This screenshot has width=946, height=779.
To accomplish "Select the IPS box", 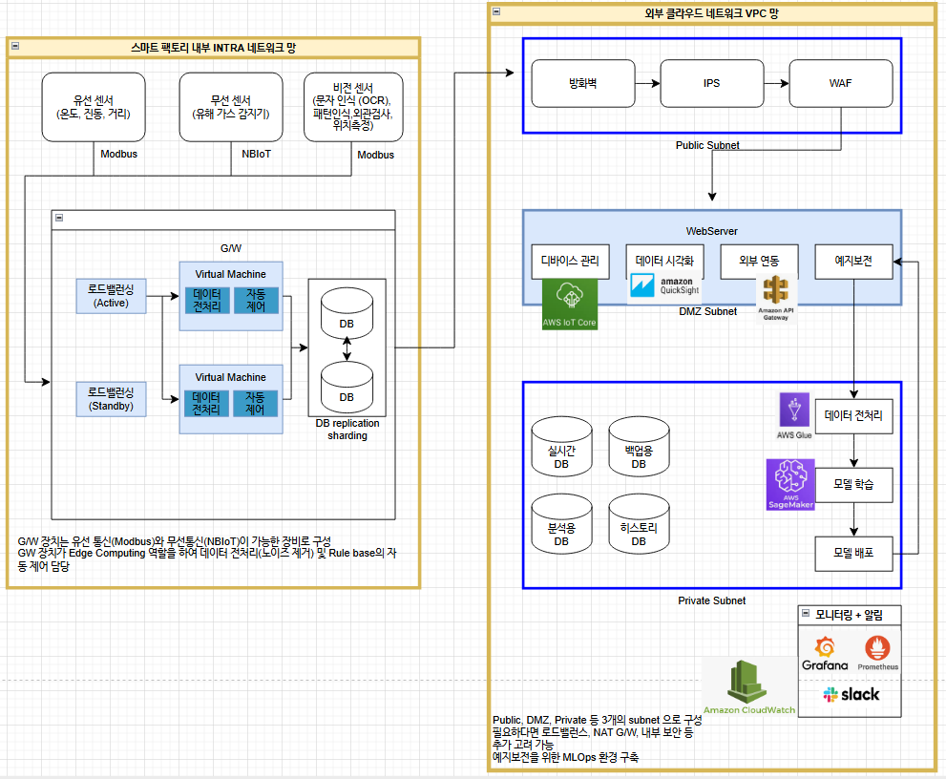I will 711,83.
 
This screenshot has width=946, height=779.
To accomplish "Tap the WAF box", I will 840,83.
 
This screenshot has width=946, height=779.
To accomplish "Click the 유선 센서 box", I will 94,107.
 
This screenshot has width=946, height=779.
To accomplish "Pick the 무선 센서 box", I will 230,107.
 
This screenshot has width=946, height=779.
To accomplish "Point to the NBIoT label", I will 256,154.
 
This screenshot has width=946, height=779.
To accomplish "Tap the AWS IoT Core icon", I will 569,304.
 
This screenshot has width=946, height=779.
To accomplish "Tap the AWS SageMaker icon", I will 790,484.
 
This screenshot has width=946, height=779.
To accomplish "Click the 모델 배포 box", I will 853,553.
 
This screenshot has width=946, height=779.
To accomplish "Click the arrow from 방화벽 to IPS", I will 648,83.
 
